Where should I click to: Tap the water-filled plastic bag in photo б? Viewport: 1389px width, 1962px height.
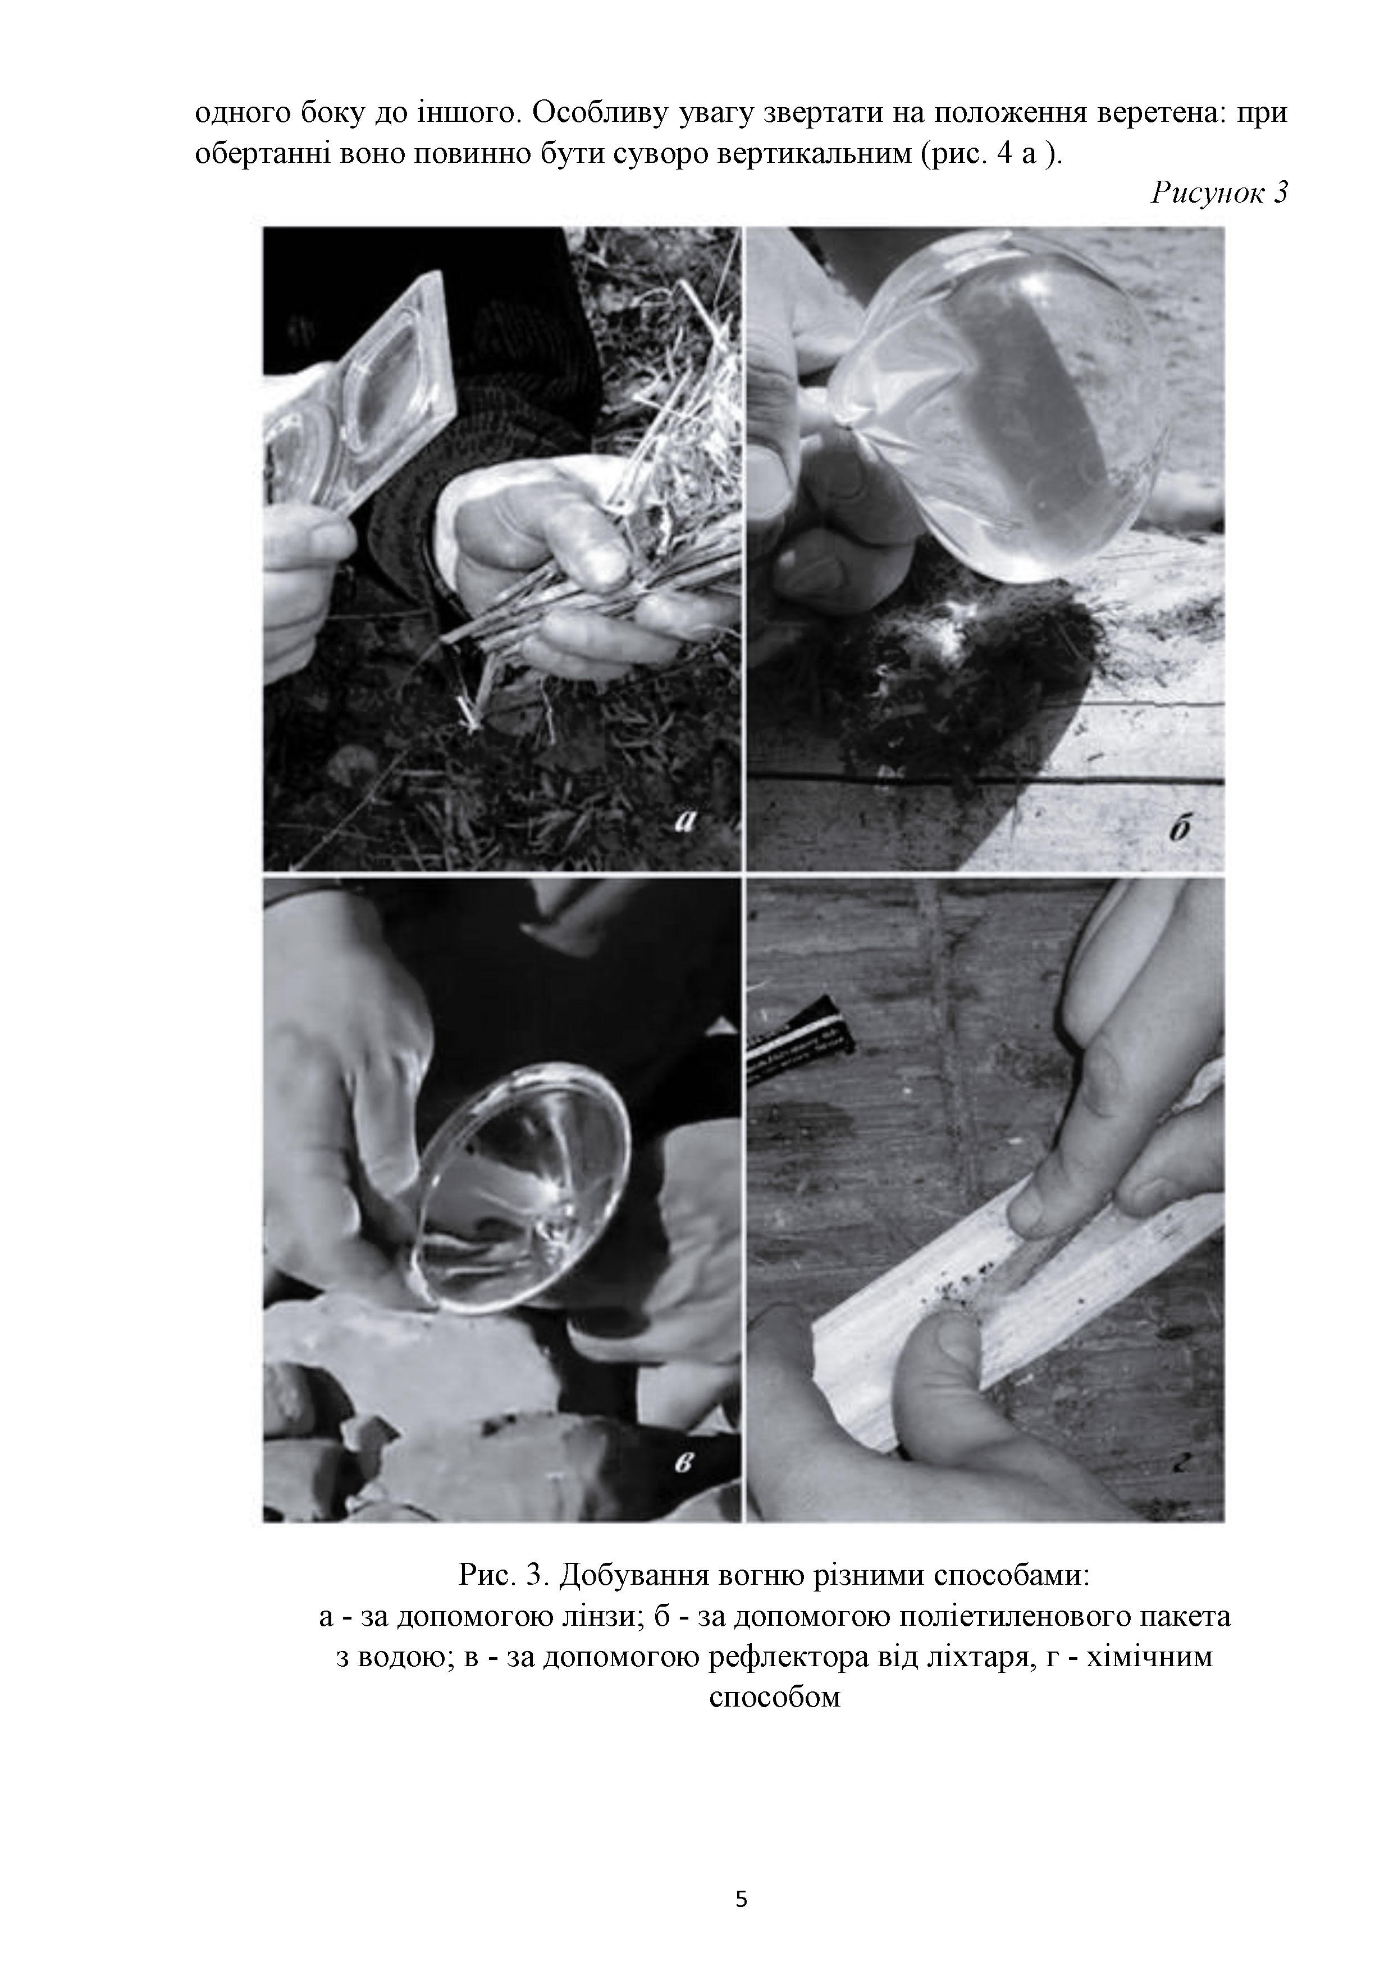[1000, 410]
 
